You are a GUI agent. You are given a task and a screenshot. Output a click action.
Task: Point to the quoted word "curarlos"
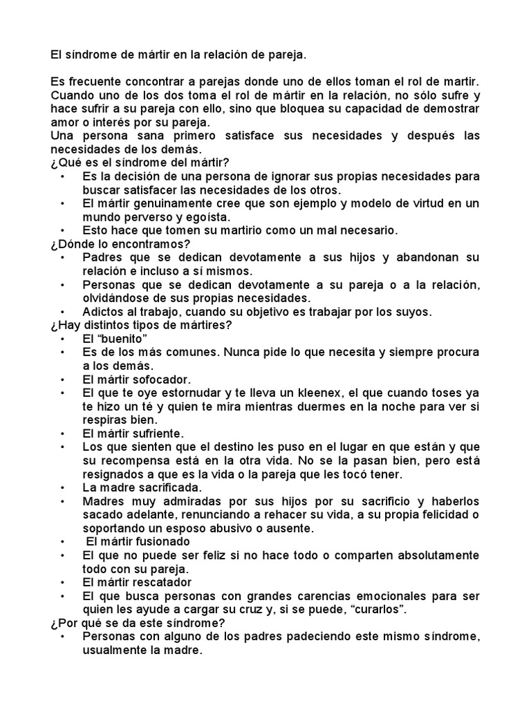point(380,609)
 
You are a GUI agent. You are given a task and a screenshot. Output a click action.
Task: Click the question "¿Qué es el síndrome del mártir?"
point(139,162)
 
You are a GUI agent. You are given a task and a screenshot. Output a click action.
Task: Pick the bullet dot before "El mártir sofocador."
point(62,380)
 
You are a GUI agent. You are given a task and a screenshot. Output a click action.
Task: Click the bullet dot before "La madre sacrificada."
point(62,487)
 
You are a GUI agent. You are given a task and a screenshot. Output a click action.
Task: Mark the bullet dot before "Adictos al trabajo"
point(62,312)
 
